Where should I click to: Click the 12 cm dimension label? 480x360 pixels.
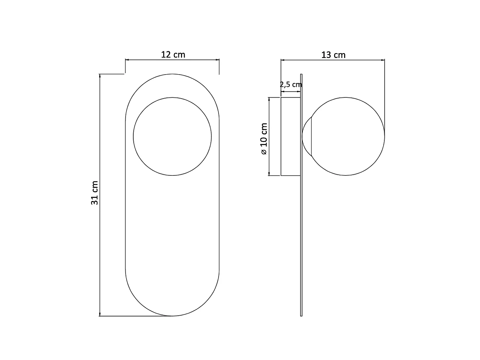pyautogui.click(x=173, y=55)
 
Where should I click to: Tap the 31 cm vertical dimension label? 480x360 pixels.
pyautogui.click(x=95, y=193)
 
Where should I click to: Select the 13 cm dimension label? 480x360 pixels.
pyautogui.click(x=333, y=55)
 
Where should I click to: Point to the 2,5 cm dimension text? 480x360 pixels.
pyautogui.click(x=291, y=84)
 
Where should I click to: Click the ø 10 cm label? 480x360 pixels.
pyautogui.click(x=264, y=139)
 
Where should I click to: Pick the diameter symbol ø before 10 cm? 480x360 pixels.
pyautogui.click(x=264, y=152)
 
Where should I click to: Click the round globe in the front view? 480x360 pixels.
pyautogui.click(x=172, y=136)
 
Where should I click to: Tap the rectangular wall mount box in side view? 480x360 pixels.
pyautogui.click(x=291, y=136)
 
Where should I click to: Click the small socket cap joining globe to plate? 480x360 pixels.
pyautogui.click(x=306, y=136)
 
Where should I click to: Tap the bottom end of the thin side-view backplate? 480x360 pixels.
pyautogui.click(x=301, y=315)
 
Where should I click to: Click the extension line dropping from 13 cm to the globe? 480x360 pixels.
pyautogui.click(x=385, y=96)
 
